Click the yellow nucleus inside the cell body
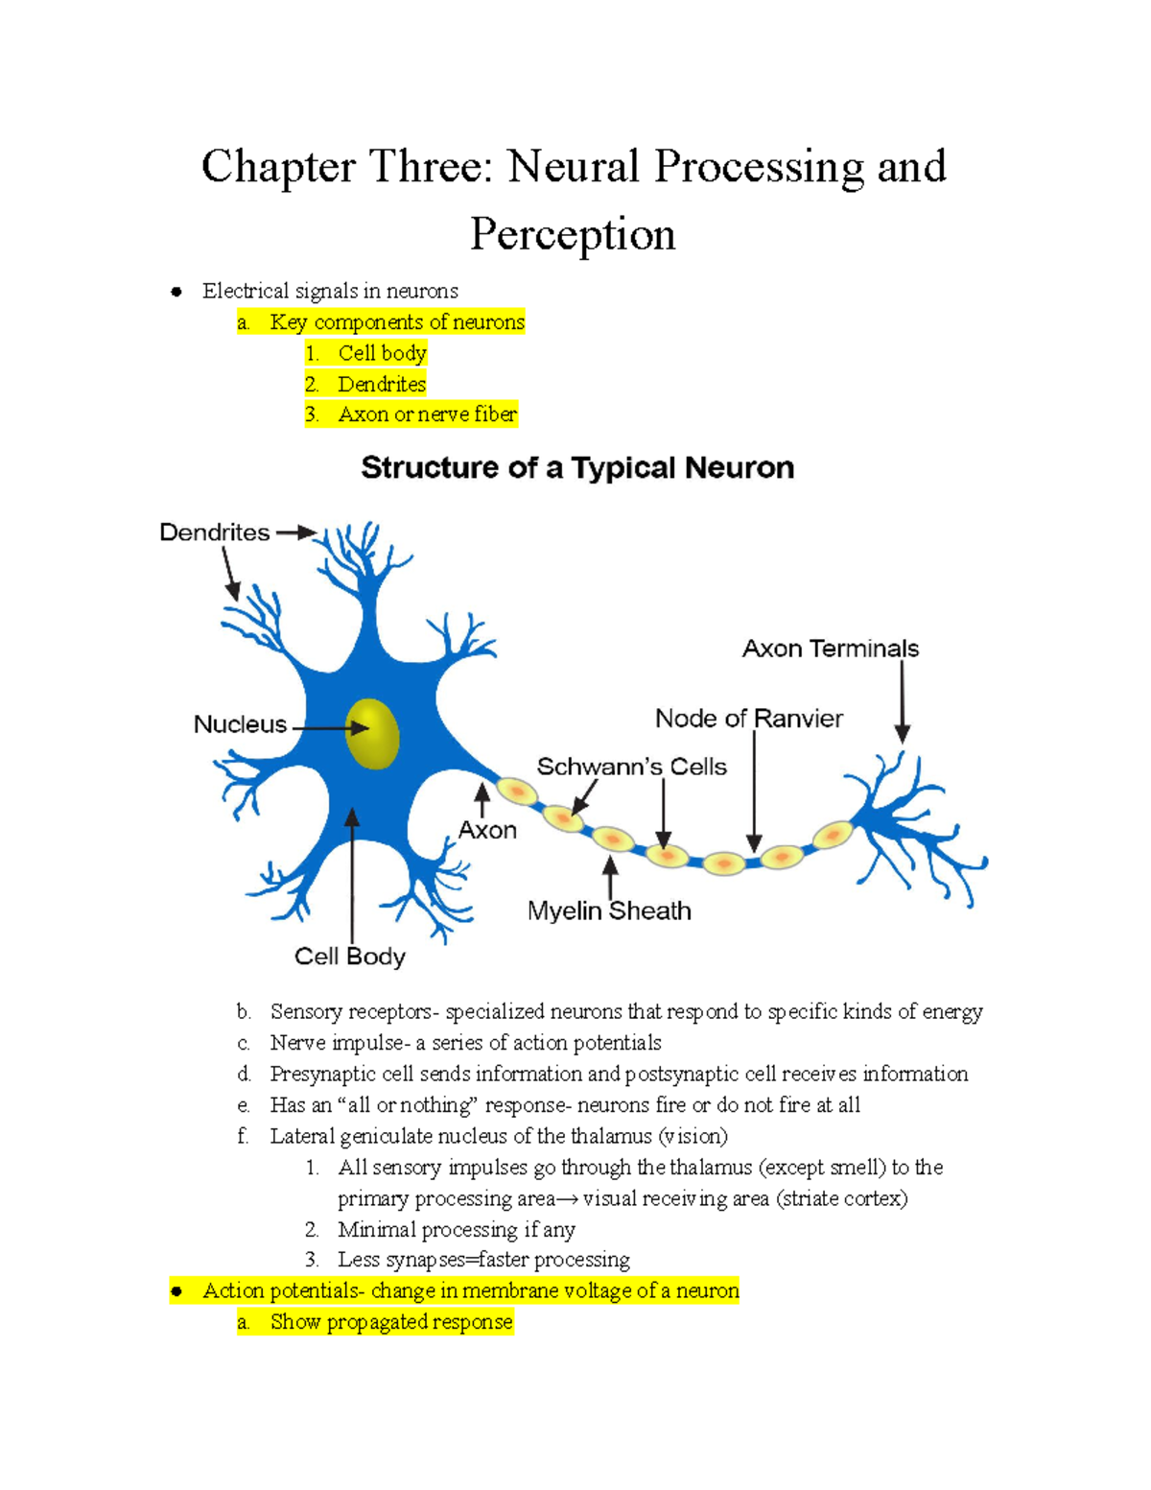click(x=372, y=734)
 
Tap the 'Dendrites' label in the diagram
click(x=214, y=532)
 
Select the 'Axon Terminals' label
click(x=830, y=650)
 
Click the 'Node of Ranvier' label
click(x=748, y=719)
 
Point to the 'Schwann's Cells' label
click(x=631, y=767)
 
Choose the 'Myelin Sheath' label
click(x=609, y=911)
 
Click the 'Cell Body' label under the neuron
click(x=349, y=957)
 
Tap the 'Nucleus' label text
click(x=240, y=724)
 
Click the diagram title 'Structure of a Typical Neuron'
click(x=576, y=468)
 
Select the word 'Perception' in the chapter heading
click(x=573, y=234)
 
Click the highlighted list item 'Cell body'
click(x=382, y=353)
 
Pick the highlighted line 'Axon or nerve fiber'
click(x=427, y=414)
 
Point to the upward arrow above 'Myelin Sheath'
click(x=610, y=876)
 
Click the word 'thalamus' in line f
click(x=612, y=1136)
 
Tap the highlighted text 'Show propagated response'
click(x=391, y=1322)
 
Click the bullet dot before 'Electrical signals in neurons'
click(x=176, y=292)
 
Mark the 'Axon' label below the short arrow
click(x=487, y=830)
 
